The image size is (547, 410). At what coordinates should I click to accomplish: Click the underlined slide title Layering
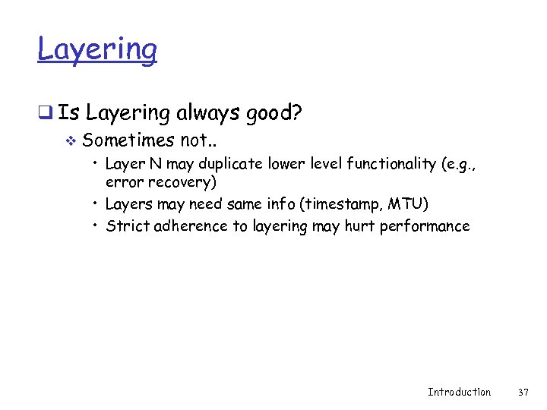97,50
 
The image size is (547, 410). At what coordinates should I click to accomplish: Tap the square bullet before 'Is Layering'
45,114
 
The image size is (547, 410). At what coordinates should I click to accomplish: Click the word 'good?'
273,114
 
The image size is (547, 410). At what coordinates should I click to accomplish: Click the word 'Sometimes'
128,140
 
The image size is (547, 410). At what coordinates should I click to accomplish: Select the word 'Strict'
128,225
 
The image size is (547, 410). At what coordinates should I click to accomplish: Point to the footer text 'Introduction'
459,392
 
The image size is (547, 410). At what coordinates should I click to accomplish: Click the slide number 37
523,392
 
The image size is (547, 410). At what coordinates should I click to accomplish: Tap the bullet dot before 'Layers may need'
96,203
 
